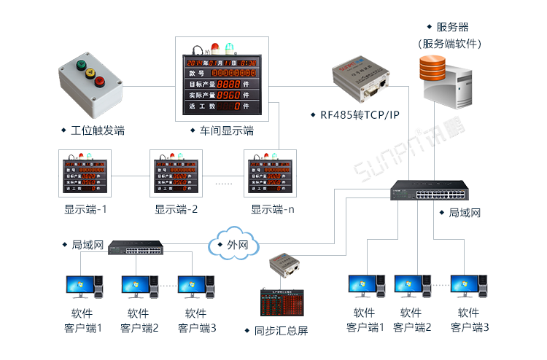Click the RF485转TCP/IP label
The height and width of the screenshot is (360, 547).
pyautogui.click(x=354, y=114)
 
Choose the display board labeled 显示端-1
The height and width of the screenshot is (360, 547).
pyautogui.click(x=85, y=173)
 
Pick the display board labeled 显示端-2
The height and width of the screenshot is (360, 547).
pyautogui.click(x=175, y=173)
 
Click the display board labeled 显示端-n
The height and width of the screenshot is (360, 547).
pyautogui.click(x=269, y=173)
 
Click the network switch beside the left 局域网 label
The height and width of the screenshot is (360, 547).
pyautogui.click(x=136, y=249)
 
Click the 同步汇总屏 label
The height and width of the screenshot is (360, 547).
pyautogui.click(x=281, y=330)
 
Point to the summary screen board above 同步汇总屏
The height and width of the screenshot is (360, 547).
pyautogui.click(x=281, y=301)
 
